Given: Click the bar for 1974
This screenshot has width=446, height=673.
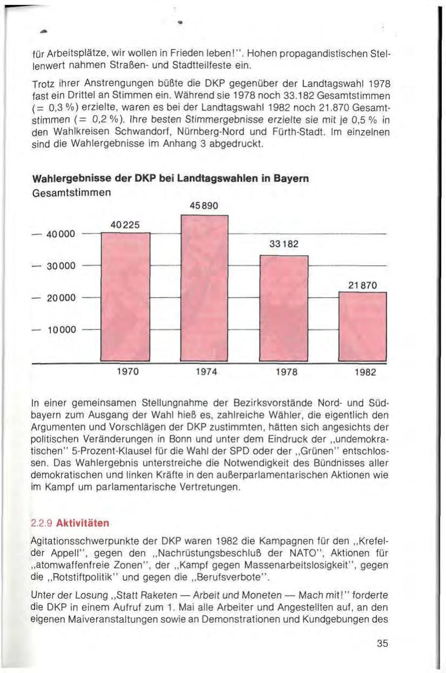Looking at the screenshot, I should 205,289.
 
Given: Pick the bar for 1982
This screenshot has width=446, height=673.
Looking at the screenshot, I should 363,327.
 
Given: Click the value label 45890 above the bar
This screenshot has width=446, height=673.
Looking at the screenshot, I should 204,205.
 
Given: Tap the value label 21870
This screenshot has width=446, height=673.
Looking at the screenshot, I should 363,284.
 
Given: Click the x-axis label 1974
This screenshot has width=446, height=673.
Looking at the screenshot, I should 205,372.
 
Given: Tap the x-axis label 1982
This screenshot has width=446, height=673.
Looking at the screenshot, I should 363,372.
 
